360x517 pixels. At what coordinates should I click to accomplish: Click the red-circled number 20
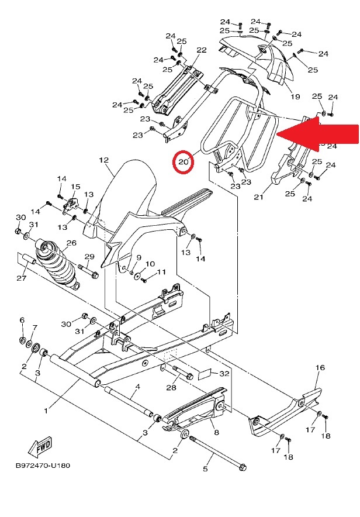tap(184, 162)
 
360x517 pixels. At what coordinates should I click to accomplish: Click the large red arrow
tap(317, 134)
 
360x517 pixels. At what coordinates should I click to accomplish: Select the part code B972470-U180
tap(43, 466)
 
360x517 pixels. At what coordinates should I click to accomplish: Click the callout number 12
tap(104, 160)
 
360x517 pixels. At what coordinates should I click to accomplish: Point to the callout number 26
tap(71, 243)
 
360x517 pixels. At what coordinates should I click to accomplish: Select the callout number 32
tap(224, 374)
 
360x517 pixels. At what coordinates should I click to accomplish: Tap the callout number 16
tap(320, 367)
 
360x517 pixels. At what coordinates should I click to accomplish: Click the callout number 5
tap(205, 468)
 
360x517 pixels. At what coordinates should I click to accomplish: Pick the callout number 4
tap(138, 387)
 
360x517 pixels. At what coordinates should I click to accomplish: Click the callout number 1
tap(46, 411)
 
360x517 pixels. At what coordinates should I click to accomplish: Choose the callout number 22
tap(202, 50)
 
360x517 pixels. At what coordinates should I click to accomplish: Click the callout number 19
tap(295, 96)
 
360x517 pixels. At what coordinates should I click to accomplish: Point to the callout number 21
tap(258, 197)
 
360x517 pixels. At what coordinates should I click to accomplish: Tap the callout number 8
tap(216, 432)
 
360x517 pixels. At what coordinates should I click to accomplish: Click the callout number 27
tap(22, 278)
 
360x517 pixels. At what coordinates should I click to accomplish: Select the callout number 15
tap(75, 187)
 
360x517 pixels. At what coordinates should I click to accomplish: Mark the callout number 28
tap(171, 387)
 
